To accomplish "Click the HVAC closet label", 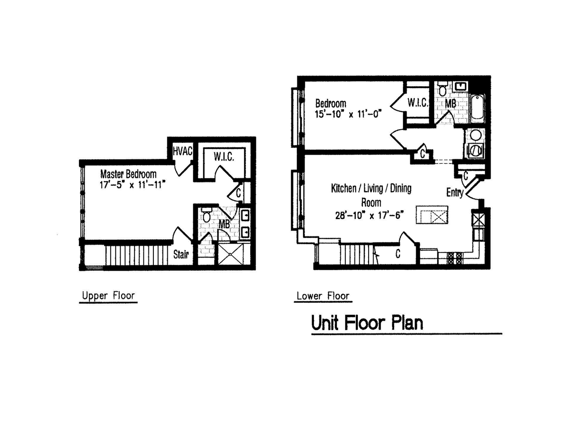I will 183,152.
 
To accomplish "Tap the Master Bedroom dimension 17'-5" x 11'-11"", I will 132,184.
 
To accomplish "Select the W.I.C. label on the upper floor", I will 223,157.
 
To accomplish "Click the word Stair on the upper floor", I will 181,255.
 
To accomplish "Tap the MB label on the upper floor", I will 224,224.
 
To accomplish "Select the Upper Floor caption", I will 108,296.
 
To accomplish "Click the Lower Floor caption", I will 322,296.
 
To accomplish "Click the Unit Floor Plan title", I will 367,323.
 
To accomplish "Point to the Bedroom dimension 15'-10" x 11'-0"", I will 348,114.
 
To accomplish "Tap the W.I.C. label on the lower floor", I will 417,103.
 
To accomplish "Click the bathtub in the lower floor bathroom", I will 477,108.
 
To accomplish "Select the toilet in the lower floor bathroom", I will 443,89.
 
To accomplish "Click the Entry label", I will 454,192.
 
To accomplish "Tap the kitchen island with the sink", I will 432,215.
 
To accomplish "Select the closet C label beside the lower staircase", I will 398,254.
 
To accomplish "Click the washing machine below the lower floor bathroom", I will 475,151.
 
